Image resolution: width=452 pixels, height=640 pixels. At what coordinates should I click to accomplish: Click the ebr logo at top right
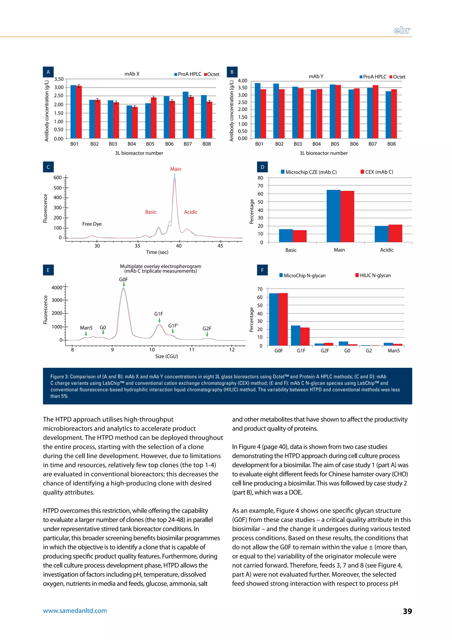click(x=402, y=30)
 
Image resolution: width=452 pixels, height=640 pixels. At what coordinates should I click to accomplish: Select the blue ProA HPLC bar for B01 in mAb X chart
click(x=73, y=112)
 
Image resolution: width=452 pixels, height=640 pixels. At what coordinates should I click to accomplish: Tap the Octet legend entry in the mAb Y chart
click(x=397, y=77)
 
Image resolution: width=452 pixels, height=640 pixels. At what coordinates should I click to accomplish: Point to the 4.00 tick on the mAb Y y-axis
click(x=242, y=81)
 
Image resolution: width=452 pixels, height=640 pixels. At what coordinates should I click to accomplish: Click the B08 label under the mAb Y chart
click(x=391, y=144)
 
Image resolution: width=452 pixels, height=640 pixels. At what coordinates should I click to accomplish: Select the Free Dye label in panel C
click(x=92, y=224)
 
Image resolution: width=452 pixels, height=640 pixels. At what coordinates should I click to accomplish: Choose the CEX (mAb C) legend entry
click(x=377, y=172)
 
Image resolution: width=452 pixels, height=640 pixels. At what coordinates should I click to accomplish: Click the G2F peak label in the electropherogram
click(x=207, y=328)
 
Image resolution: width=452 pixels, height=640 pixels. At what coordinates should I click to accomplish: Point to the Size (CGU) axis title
click(x=166, y=356)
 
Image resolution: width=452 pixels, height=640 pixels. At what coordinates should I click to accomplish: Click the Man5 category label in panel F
click(x=394, y=351)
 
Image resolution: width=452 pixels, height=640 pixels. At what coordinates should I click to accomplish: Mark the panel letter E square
click(x=48, y=270)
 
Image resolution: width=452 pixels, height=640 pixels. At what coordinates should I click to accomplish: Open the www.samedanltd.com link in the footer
click(x=75, y=611)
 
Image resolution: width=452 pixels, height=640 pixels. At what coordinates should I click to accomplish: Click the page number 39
click(x=407, y=611)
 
